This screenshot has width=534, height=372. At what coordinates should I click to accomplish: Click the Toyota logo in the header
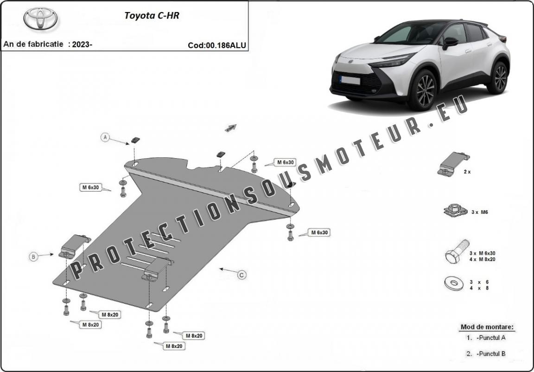click(40, 19)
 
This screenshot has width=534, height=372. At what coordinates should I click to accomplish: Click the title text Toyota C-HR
click(152, 15)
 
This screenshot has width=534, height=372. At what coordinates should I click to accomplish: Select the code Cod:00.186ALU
click(217, 45)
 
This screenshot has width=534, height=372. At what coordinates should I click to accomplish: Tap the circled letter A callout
click(106, 137)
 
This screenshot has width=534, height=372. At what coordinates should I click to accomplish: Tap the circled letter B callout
click(33, 257)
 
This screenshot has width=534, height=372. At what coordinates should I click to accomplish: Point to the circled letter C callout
click(242, 275)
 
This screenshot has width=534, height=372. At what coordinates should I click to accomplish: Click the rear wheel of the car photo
click(500, 78)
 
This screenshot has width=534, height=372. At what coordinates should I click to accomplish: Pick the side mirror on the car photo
click(450, 42)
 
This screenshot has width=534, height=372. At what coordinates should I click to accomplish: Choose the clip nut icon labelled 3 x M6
click(453, 211)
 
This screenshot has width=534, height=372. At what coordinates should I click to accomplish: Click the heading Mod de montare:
click(487, 327)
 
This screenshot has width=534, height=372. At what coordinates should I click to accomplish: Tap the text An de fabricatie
click(33, 45)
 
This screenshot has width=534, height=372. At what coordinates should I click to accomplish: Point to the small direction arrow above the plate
click(231, 128)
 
